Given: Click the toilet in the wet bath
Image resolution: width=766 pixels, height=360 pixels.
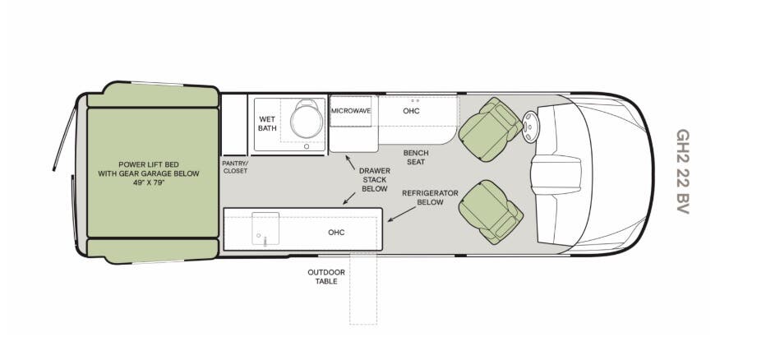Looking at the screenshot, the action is [307, 118].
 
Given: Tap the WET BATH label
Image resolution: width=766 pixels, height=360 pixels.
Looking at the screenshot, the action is [267, 123].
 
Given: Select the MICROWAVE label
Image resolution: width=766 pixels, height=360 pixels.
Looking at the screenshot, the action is [351, 111].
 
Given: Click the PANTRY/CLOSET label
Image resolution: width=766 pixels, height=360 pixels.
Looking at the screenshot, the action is [235, 167].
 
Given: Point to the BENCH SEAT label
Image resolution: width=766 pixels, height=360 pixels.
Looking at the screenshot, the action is [416, 157].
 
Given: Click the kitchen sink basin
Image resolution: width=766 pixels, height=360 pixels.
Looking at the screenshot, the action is [265, 228].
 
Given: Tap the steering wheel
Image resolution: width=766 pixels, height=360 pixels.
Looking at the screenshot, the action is [529, 127].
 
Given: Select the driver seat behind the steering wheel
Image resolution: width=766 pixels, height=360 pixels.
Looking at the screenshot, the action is [490, 129].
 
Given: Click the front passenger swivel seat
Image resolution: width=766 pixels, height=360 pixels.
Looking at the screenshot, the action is [490, 212].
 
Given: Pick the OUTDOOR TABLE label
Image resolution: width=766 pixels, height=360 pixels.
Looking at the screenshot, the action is [326, 276].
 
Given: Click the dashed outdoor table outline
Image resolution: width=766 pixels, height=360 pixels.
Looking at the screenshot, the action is [363, 289].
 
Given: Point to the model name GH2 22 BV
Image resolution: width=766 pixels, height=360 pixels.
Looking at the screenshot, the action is [682, 172].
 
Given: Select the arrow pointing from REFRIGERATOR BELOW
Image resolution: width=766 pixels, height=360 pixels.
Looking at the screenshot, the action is [402, 215].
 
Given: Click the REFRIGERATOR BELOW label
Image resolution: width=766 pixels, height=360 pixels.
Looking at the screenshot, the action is [430, 197].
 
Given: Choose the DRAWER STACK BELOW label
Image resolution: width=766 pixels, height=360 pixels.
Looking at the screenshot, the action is [375, 180].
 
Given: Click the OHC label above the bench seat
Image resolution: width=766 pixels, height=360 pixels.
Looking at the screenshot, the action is [411, 111].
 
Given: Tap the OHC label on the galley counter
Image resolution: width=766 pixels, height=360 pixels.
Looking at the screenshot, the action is [336, 233].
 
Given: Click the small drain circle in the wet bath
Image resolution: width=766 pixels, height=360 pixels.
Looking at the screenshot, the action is [307, 146].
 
